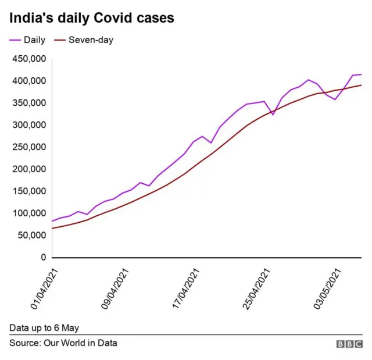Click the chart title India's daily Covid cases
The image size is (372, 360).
point(91,18)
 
